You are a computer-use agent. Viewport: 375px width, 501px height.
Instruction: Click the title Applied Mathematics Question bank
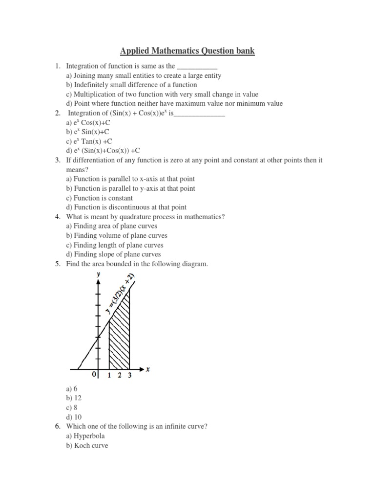(x=187, y=51)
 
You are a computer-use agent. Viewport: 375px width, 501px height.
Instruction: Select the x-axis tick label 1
(x=109, y=376)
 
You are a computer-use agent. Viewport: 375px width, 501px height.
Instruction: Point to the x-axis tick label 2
(x=120, y=376)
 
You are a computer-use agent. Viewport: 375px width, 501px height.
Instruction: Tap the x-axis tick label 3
(x=129, y=376)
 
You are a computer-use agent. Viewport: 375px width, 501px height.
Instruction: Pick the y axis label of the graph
(x=99, y=275)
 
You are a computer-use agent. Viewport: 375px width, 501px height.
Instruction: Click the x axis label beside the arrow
(x=147, y=369)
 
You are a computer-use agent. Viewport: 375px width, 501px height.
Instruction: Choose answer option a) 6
(x=72, y=388)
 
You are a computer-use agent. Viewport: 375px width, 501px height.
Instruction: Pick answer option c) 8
(x=72, y=407)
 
